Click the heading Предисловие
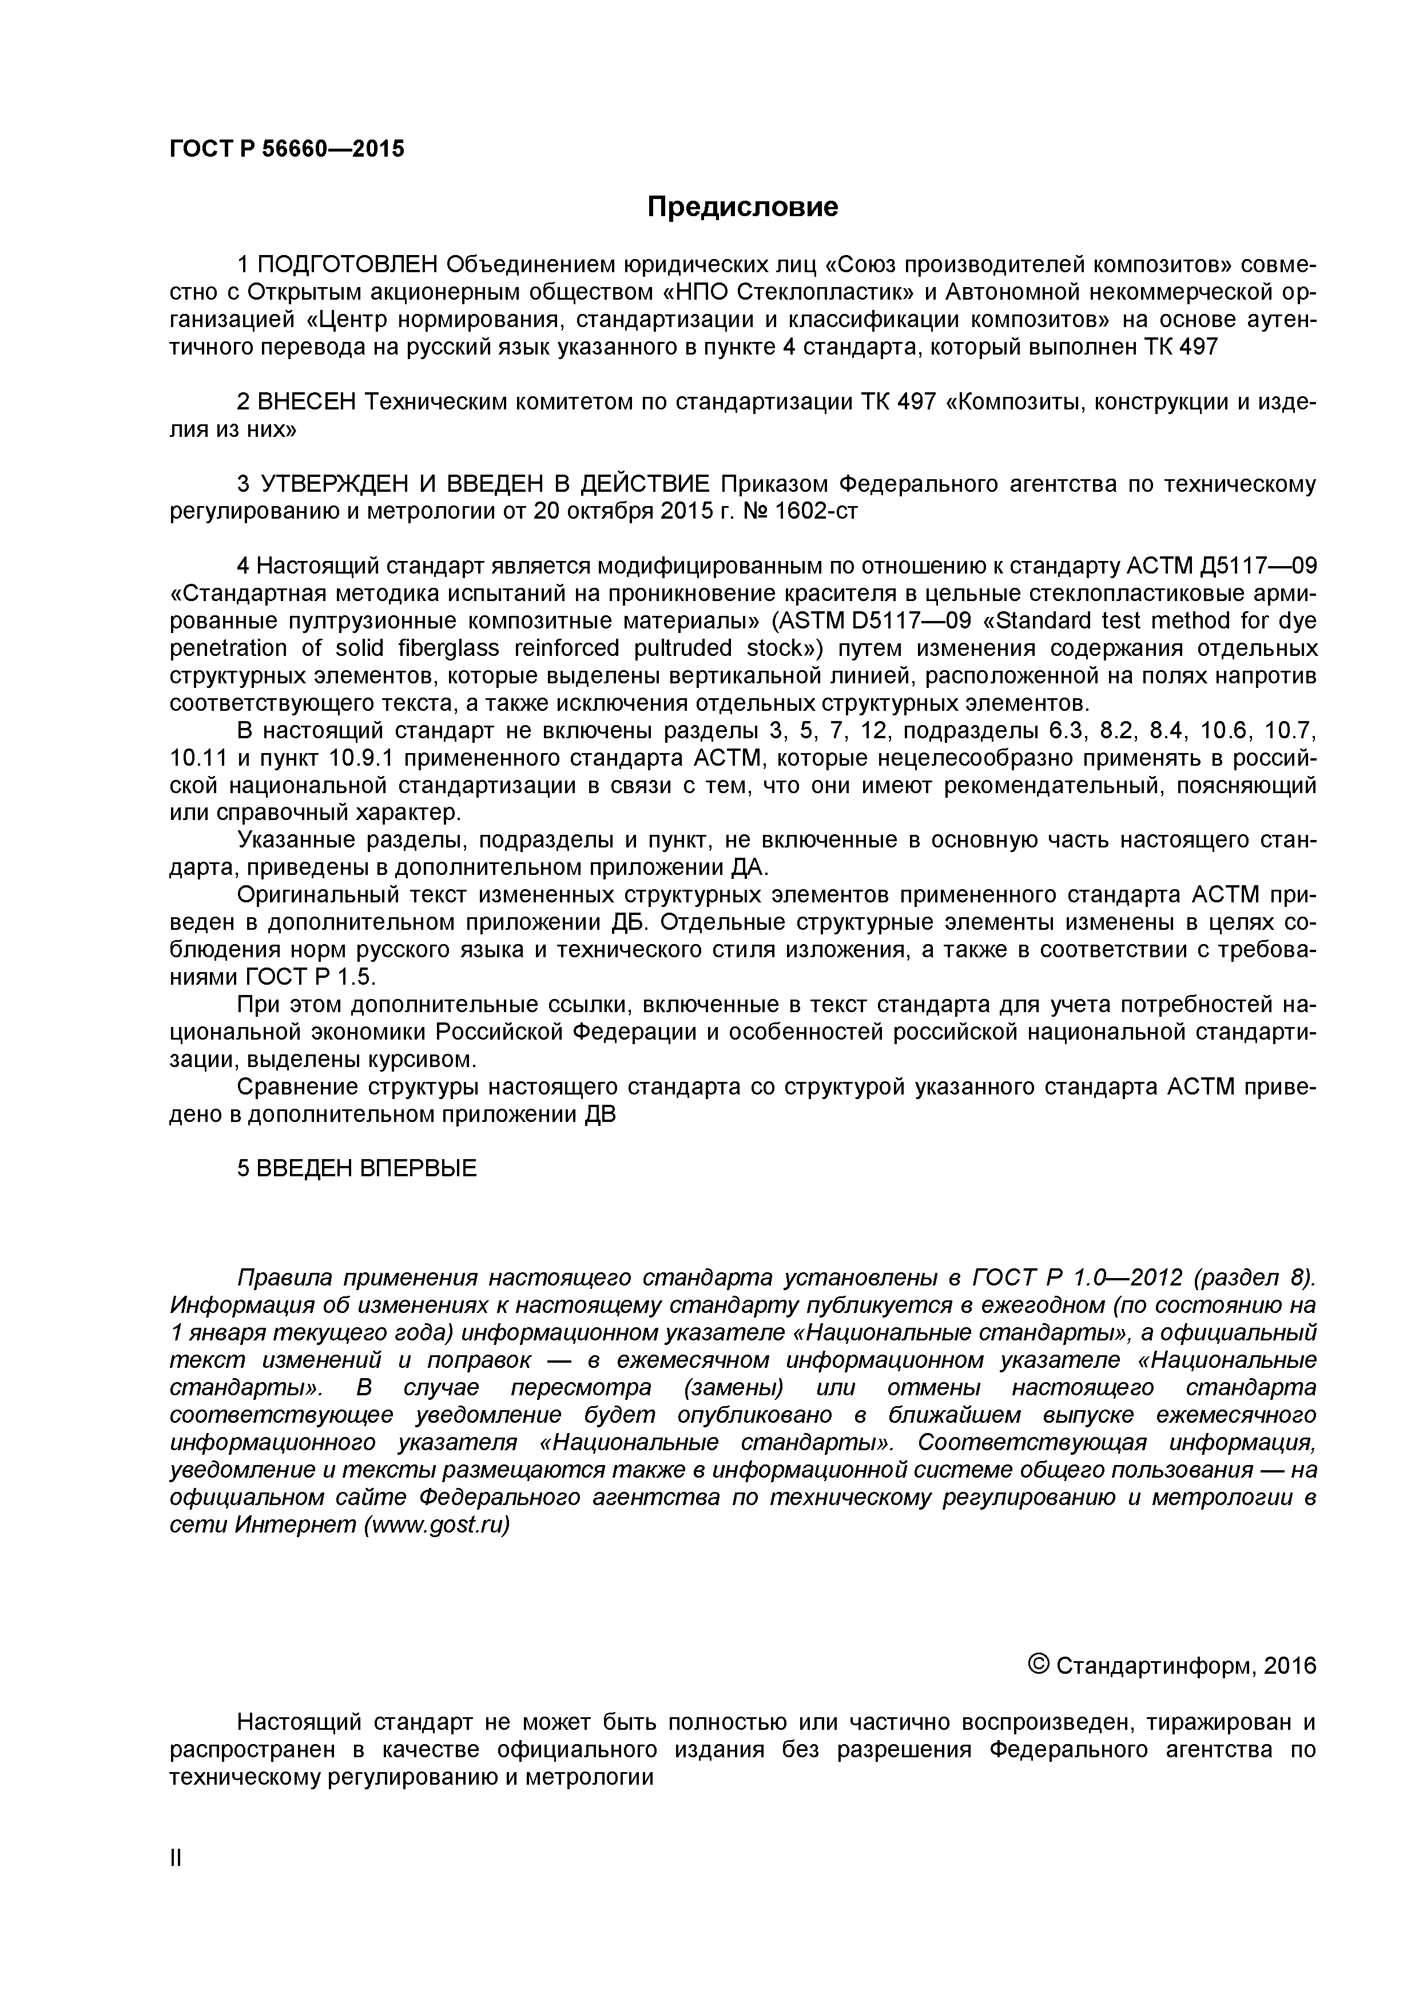[x=742, y=207]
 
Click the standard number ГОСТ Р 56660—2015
[x=287, y=149]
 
